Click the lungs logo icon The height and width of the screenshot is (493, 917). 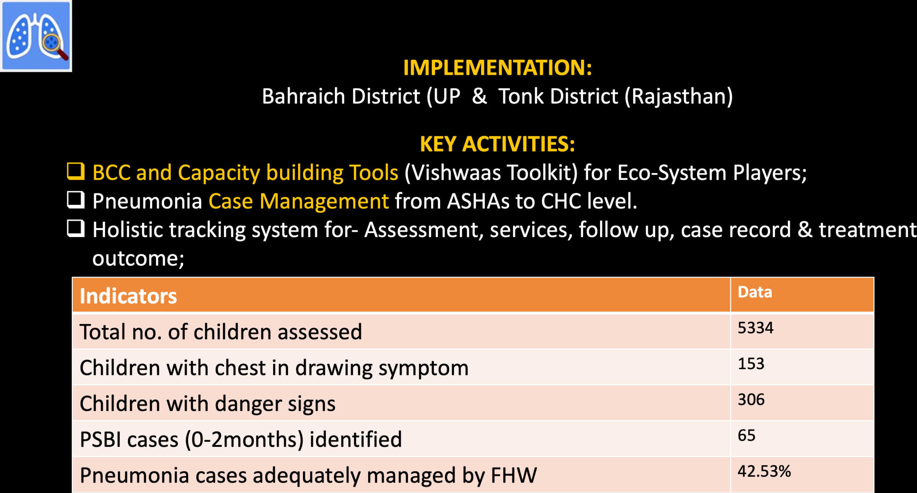pos(36,36)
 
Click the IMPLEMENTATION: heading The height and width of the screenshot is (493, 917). pos(498,67)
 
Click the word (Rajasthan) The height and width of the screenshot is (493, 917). pos(679,97)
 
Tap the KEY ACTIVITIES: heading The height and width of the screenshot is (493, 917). pos(498,144)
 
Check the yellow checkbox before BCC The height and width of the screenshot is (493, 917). pos(76,171)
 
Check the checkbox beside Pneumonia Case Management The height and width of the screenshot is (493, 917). pos(76,200)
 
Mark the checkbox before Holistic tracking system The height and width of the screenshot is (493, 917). pos(76,228)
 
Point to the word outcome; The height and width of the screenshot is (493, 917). pos(138,258)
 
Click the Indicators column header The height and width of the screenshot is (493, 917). pos(128,296)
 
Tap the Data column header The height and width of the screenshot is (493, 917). pos(755,292)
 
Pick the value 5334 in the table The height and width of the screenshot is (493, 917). pos(755,328)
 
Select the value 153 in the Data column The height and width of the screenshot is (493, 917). pos(751,364)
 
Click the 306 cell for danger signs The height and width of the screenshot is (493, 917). pos(751,400)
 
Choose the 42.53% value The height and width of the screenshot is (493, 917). pos(764,471)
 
